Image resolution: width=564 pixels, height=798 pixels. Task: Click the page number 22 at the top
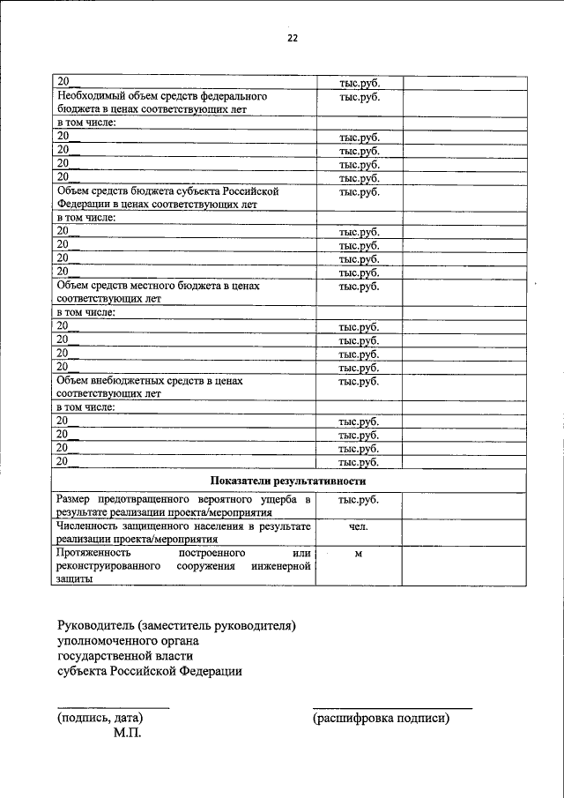[x=292, y=38]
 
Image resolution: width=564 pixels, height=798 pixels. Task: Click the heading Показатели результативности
[x=287, y=481]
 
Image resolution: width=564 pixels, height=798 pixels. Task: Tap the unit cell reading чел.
[x=359, y=526]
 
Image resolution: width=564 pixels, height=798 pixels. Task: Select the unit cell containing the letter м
[x=359, y=554]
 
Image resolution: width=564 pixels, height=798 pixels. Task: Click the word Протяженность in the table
[x=93, y=554]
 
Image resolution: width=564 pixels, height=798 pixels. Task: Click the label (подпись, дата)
[x=100, y=718]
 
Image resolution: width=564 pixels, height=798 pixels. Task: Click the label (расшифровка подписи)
[x=381, y=718]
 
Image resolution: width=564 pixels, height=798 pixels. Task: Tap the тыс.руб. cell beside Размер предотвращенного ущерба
[x=359, y=500]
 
